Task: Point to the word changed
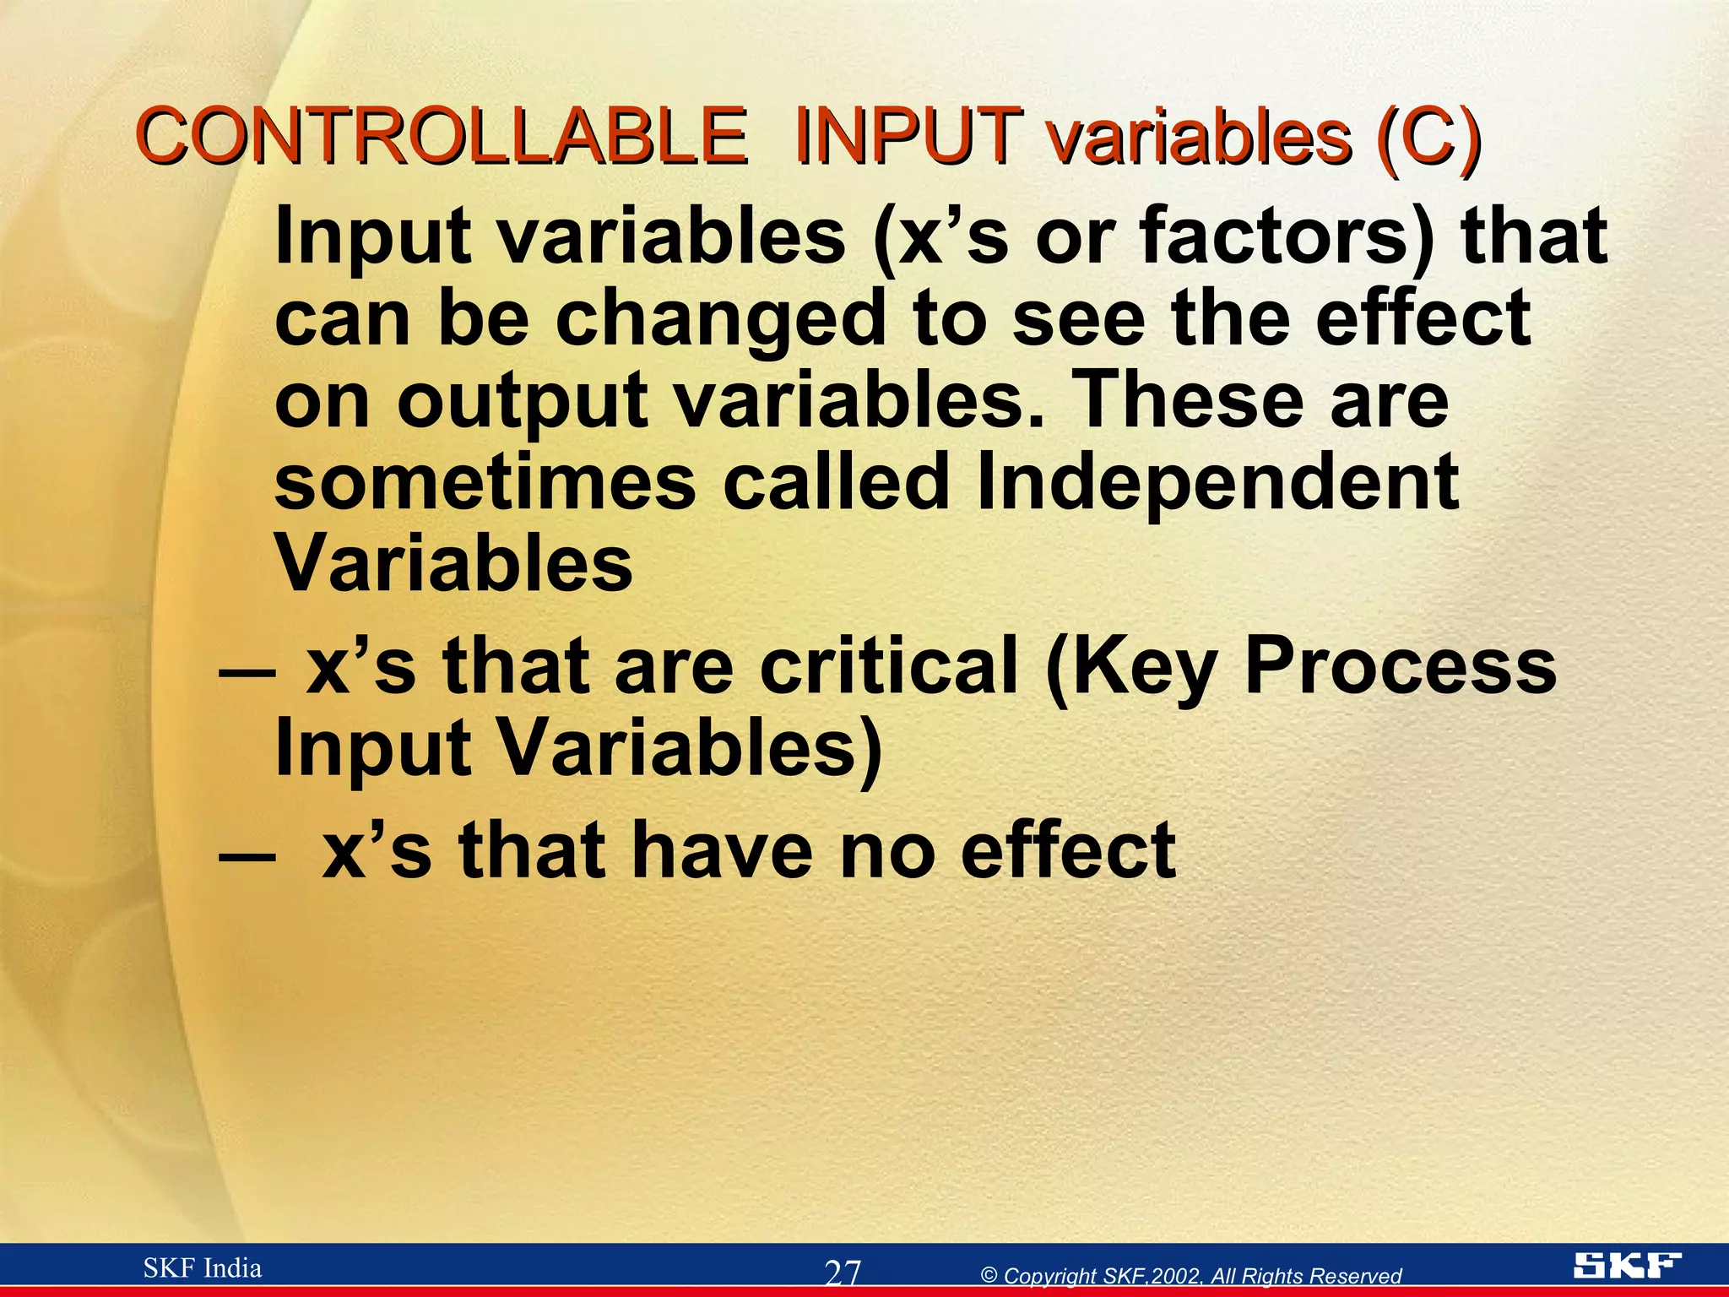tap(722, 319)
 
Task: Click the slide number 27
tap(843, 1272)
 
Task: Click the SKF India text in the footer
tap(203, 1267)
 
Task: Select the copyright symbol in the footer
tap(989, 1276)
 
